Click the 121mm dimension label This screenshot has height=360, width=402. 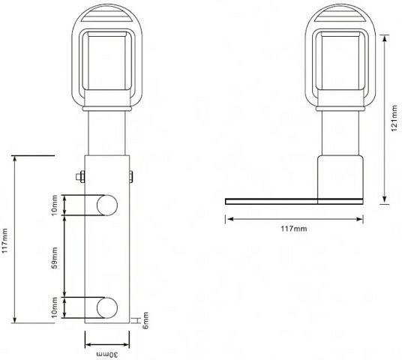click(394, 118)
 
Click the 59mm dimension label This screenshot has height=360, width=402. click(55, 258)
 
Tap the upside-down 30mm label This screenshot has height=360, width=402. click(107, 355)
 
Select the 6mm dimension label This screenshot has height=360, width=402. click(145, 320)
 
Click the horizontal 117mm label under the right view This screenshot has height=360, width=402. click(294, 229)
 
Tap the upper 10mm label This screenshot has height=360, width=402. click(54, 205)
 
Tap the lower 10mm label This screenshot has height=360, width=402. click(54, 307)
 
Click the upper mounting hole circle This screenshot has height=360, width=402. click(107, 205)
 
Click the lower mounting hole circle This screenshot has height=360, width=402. click(107, 307)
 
